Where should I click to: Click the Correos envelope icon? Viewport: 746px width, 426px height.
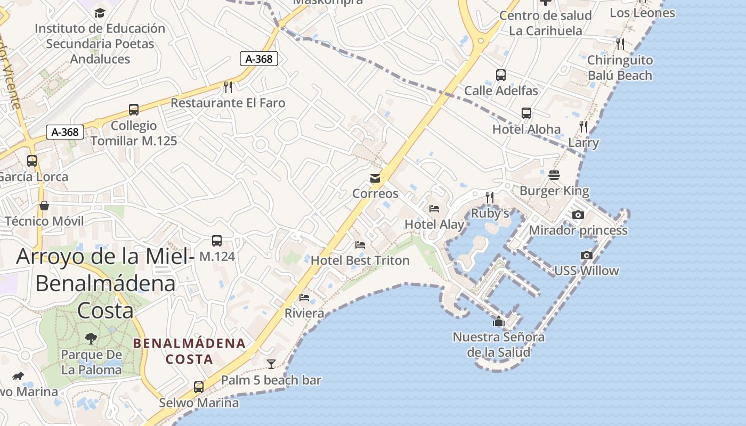tap(376, 178)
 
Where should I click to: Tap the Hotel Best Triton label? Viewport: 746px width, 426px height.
tap(360, 260)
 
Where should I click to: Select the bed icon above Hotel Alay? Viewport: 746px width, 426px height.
tap(434, 209)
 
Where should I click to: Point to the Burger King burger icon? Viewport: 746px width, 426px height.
tap(554, 175)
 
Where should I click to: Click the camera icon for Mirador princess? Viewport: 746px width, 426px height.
tap(578, 215)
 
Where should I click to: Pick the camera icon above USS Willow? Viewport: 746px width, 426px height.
tap(587, 255)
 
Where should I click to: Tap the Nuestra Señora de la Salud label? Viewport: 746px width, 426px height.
tap(499, 345)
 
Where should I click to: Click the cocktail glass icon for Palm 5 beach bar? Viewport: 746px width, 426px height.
tap(271, 364)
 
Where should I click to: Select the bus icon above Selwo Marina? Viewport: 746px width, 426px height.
tap(199, 387)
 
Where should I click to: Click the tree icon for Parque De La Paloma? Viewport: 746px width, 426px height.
tap(91, 338)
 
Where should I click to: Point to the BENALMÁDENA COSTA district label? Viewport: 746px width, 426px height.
tap(190, 351)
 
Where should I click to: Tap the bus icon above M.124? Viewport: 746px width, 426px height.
tap(217, 240)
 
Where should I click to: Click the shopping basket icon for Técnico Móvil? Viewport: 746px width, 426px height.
tap(44, 206)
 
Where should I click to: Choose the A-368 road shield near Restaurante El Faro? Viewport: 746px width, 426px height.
tap(259, 59)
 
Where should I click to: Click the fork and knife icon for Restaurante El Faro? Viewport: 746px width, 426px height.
tap(228, 87)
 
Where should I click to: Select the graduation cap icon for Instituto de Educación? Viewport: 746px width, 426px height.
tap(100, 13)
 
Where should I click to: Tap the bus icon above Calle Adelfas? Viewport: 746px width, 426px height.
tap(501, 75)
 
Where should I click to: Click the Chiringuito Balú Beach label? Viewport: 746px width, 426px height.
tap(620, 68)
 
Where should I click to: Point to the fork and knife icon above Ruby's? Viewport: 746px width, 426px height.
tap(490, 198)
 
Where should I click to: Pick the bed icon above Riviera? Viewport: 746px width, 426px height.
tap(304, 297)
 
